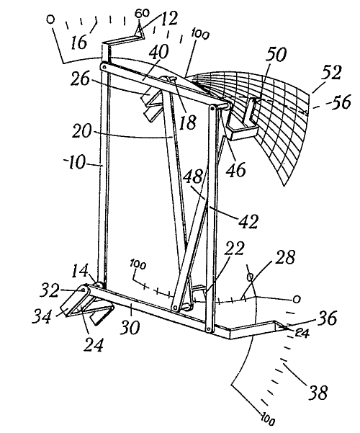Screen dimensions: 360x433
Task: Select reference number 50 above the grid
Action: (x=276, y=55)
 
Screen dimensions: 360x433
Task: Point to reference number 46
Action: (x=235, y=169)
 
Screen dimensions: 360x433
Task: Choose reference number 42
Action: (x=248, y=221)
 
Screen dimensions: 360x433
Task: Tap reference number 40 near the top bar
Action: (x=158, y=52)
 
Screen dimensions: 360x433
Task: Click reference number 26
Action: (x=80, y=79)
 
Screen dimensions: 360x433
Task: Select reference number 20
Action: (x=81, y=130)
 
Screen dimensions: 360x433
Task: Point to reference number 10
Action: (x=75, y=162)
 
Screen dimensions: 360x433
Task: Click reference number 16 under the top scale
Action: (x=78, y=42)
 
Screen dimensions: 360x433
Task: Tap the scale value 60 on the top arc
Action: (x=142, y=13)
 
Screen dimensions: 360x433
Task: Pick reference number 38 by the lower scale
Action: (x=318, y=392)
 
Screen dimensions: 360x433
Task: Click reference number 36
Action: (x=327, y=318)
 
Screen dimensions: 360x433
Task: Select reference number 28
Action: (x=285, y=257)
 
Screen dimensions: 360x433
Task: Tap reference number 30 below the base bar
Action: (x=130, y=327)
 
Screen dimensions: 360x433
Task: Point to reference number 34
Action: (x=42, y=316)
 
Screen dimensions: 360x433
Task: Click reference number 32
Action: (x=50, y=290)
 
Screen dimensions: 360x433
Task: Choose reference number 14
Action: (x=80, y=272)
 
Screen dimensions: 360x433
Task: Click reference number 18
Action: (x=188, y=122)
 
